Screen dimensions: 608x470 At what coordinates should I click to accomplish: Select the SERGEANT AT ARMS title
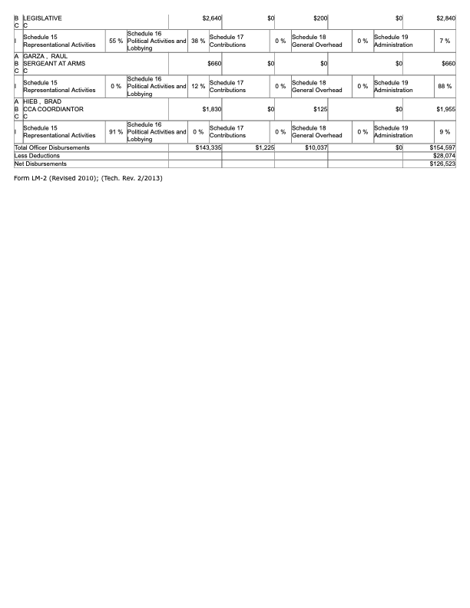(x=54, y=64)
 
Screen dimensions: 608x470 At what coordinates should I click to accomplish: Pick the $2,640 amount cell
(x=211, y=17)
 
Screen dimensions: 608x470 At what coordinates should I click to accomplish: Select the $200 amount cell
(x=321, y=17)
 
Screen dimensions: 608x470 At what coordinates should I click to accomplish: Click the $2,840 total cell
(x=445, y=17)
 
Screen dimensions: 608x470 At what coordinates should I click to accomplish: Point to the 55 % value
(x=116, y=40)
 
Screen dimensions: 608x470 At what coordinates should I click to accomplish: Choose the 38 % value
(x=197, y=40)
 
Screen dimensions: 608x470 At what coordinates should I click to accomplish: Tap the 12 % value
(x=197, y=86)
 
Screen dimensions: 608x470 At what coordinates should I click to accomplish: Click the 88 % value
(x=444, y=86)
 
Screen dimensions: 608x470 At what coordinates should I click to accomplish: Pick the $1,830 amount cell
(x=211, y=110)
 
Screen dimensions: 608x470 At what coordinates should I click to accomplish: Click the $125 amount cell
(x=321, y=110)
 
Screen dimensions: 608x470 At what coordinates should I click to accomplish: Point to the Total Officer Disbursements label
(x=52, y=147)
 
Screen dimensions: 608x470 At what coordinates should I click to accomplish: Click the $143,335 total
(x=208, y=147)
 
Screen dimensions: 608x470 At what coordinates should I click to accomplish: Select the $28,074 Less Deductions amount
(x=444, y=155)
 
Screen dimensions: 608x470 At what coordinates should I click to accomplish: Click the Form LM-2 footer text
(x=88, y=178)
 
